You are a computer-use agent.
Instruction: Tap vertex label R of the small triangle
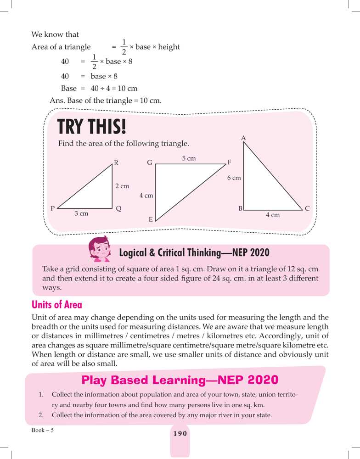[x=116, y=162]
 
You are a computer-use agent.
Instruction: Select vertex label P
[x=53, y=208]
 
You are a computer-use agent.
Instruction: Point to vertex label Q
[x=118, y=208]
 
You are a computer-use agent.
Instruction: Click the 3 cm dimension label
[x=81, y=214]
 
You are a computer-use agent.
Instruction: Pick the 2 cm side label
[x=122, y=186]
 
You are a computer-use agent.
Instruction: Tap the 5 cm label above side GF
[x=189, y=158]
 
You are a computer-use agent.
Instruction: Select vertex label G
[x=150, y=162]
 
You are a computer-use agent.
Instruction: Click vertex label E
[x=151, y=220]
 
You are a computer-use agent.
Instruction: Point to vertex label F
[x=230, y=162]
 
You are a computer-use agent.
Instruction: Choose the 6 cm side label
[x=234, y=178]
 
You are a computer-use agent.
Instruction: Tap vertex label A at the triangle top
[x=243, y=138]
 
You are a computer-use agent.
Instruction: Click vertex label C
[x=307, y=208]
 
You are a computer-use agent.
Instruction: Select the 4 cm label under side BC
[x=273, y=214]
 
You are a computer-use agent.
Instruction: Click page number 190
[x=180, y=434]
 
